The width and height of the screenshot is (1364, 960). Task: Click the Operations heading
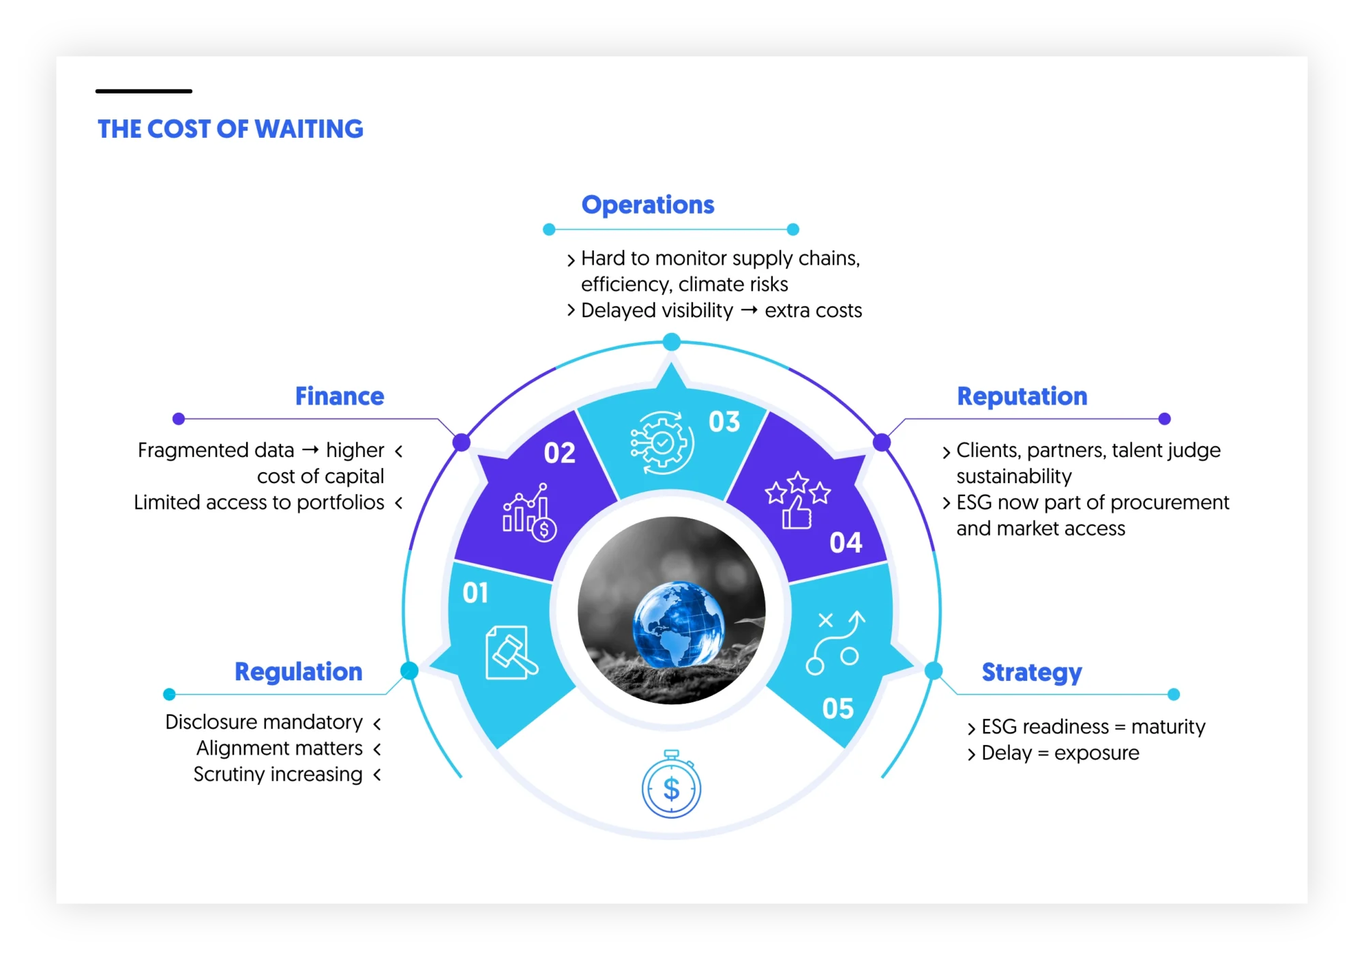(x=648, y=205)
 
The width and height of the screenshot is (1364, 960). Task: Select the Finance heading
(x=340, y=396)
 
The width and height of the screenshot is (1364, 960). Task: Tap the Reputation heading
(x=1022, y=396)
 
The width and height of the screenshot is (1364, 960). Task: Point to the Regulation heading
(x=299, y=672)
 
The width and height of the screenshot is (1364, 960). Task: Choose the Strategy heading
(x=1032, y=673)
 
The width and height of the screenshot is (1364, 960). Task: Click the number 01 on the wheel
(x=475, y=593)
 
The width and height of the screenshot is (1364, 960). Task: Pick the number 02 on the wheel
(x=559, y=453)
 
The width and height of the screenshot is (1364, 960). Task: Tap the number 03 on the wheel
(x=724, y=422)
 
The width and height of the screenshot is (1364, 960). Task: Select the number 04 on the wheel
(x=846, y=543)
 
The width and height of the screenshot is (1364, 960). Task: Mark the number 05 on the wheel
(x=837, y=709)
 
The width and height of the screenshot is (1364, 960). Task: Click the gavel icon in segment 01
(x=511, y=653)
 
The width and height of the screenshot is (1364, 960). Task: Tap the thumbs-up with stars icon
(x=797, y=500)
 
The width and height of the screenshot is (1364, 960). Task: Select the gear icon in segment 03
(x=661, y=443)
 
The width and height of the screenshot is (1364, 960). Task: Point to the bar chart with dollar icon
(x=529, y=512)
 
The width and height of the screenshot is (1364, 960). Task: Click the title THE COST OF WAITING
(x=231, y=130)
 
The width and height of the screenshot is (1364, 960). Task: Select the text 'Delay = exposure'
(x=1060, y=753)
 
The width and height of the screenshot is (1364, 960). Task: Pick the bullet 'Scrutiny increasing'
(x=278, y=774)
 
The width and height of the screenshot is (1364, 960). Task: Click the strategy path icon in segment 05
(x=835, y=642)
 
